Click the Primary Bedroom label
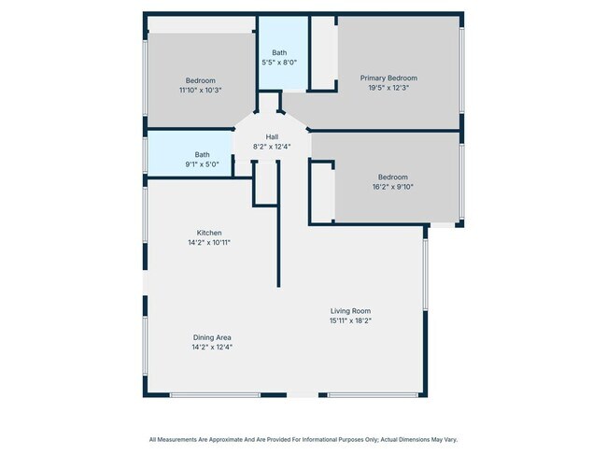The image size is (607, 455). (x=388, y=78)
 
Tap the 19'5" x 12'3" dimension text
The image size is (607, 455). (x=388, y=88)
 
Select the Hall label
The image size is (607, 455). (x=272, y=136)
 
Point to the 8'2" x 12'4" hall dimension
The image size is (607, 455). (x=272, y=147)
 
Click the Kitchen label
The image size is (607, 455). (x=209, y=233)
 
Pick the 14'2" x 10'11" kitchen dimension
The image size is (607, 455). (x=209, y=242)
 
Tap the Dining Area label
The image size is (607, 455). (x=212, y=337)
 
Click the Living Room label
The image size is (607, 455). (x=350, y=310)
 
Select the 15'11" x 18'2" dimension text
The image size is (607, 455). (x=350, y=320)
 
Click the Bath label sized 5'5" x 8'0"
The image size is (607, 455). (x=279, y=52)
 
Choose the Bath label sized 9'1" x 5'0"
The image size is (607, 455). (x=202, y=154)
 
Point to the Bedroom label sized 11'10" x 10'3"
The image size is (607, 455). (x=200, y=80)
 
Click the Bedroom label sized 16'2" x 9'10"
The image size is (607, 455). (x=392, y=177)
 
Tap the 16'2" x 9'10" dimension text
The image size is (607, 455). (x=392, y=187)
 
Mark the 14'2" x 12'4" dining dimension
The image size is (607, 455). (x=212, y=347)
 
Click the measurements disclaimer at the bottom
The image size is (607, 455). (x=303, y=439)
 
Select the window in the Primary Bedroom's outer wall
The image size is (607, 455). (x=461, y=70)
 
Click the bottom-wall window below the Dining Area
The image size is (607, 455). (x=215, y=395)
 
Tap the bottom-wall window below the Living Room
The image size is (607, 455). (x=373, y=395)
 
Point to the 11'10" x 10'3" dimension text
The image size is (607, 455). (x=200, y=91)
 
